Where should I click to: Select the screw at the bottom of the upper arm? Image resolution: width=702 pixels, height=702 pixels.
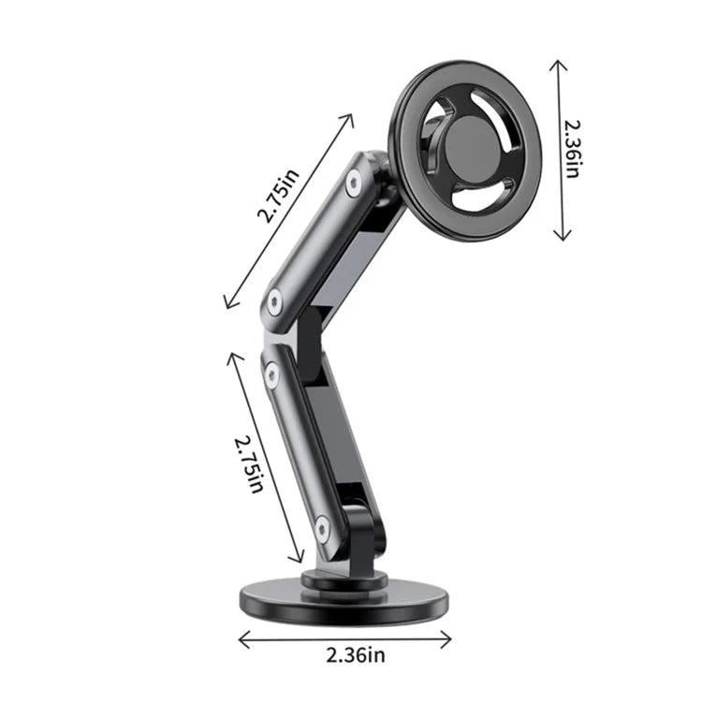(x=274, y=300)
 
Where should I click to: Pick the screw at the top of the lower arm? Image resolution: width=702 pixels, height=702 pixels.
(x=271, y=374)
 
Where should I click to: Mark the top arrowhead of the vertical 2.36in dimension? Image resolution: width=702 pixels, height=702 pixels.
(x=560, y=64)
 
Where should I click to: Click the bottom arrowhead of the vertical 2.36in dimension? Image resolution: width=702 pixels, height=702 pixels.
(x=560, y=239)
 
